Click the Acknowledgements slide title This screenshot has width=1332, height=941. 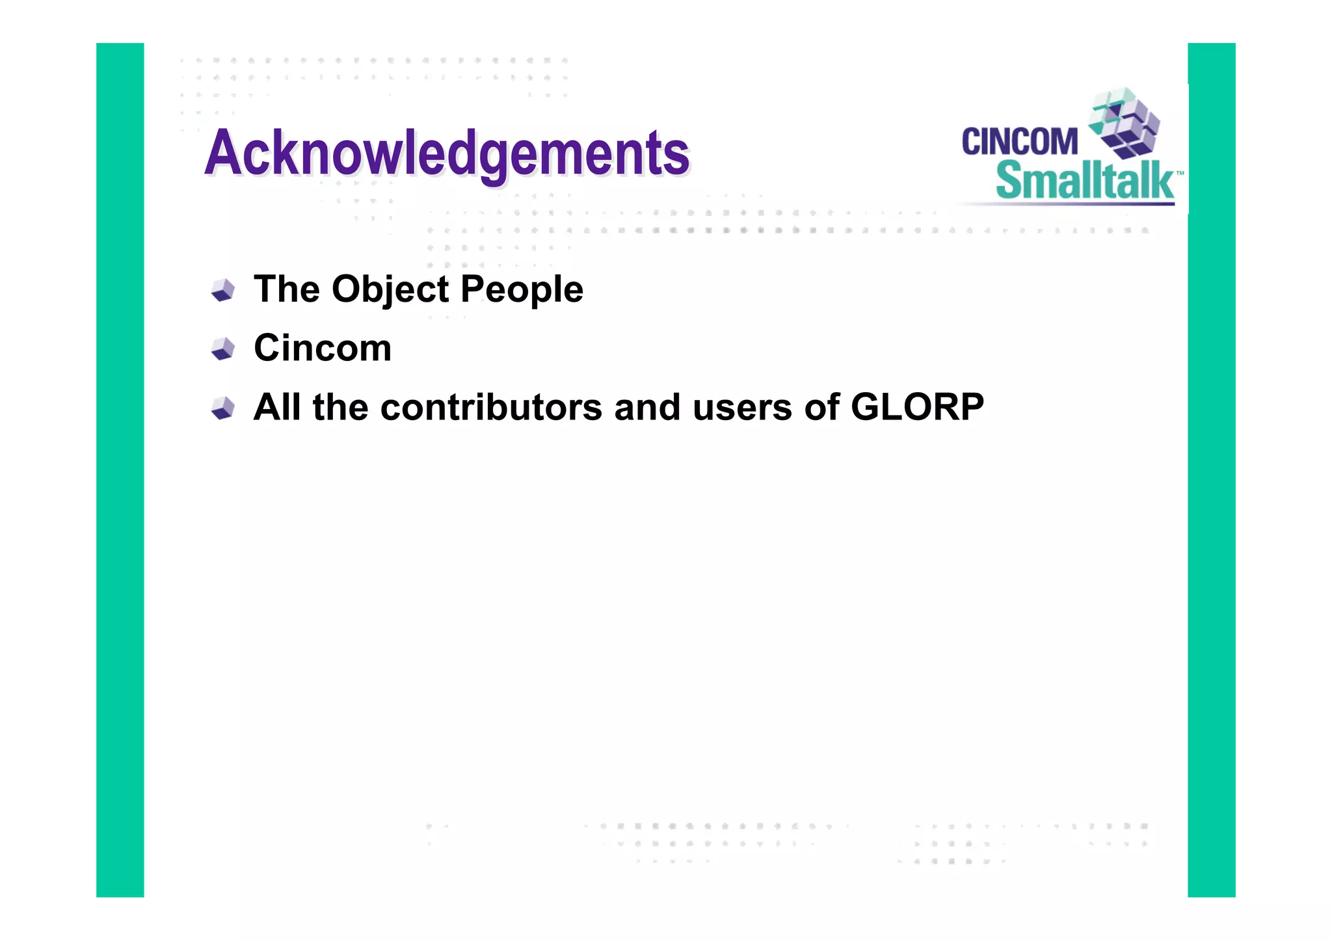446,153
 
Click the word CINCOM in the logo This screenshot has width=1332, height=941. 1019,142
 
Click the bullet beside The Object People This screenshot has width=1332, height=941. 223,290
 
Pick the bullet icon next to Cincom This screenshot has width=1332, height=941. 223,349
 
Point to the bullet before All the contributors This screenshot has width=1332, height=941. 223,408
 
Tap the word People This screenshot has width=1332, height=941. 522,289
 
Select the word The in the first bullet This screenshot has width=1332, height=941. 287,289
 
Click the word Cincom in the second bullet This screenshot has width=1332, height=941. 323,348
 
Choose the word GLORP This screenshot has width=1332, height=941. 917,407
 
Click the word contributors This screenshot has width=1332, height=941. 491,407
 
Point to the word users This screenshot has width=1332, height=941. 742,407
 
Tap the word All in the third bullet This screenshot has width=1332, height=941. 277,407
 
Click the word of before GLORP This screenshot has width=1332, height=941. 821,407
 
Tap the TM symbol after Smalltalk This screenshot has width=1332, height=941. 1180,174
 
